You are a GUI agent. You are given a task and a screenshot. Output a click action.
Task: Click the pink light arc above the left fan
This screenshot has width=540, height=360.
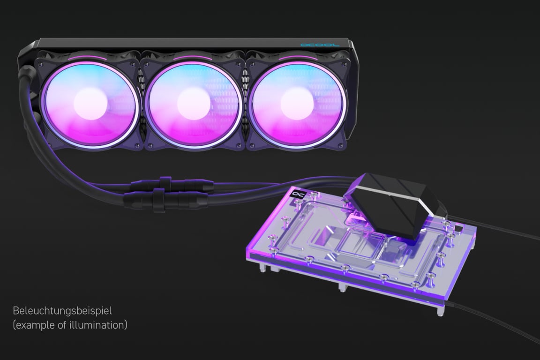coord(89,58)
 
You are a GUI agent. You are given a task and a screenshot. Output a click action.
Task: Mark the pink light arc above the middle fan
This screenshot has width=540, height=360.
coord(193,58)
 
